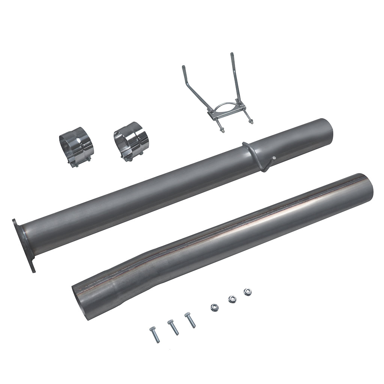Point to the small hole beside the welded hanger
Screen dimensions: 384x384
point(274,158)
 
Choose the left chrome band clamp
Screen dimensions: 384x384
point(76,147)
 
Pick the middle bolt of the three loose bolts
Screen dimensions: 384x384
point(173,327)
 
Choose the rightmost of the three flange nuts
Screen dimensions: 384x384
point(247,291)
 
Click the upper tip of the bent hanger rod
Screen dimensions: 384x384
point(183,67)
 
